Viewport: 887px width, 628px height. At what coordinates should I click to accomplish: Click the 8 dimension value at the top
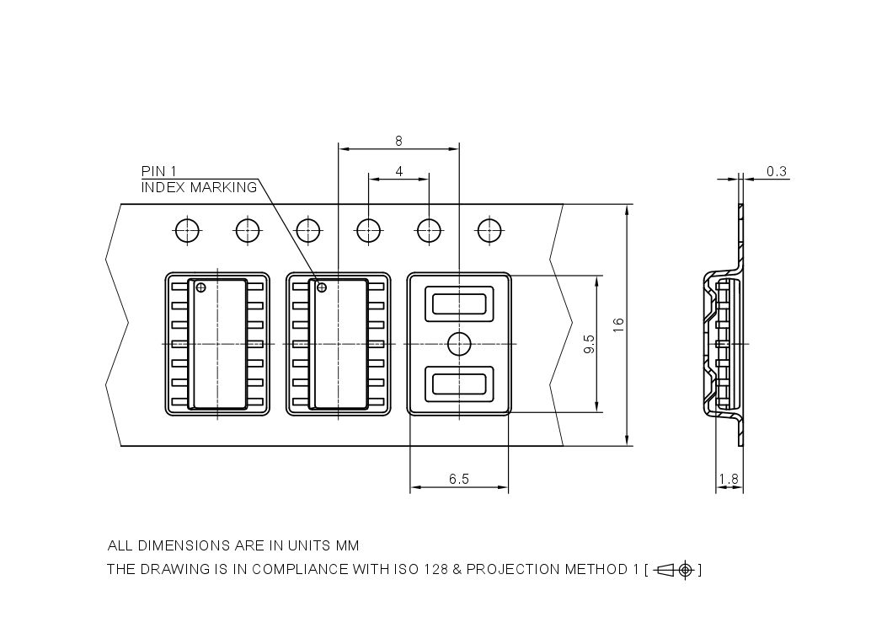(398, 141)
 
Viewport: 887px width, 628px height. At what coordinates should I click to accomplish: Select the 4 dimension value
(398, 171)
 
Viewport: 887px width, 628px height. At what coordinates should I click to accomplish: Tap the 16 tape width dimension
(618, 324)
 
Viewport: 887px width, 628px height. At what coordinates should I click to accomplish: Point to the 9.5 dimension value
(589, 344)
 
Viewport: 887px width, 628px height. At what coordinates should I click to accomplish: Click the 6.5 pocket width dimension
(458, 479)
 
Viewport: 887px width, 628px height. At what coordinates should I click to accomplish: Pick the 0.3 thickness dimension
(777, 171)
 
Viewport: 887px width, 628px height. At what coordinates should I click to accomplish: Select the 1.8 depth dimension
(729, 480)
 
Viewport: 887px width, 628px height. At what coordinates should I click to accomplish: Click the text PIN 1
(158, 172)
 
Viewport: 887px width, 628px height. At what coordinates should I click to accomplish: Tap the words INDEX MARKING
(199, 187)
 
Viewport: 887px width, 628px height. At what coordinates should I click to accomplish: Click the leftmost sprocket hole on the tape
(187, 229)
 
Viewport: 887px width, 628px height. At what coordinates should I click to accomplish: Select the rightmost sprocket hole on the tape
(489, 229)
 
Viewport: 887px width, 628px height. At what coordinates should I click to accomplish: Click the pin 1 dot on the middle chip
(321, 288)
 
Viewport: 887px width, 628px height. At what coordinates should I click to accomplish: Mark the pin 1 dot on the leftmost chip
(200, 288)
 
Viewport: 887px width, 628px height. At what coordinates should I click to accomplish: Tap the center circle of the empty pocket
(458, 344)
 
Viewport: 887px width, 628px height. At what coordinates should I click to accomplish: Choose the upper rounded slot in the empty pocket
(459, 303)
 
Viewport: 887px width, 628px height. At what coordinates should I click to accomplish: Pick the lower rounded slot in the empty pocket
(459, 384)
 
